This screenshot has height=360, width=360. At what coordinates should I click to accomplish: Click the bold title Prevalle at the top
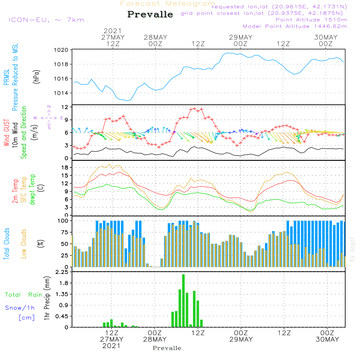tap(150, 14)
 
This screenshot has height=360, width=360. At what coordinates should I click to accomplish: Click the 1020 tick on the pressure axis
tap(61, 50)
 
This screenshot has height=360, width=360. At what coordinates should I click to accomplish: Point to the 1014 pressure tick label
tap(61, 93)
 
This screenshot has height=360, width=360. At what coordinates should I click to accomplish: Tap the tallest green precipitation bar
tap(184, 301)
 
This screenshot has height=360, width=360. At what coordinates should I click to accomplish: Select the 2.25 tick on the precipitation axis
tap(62, 272)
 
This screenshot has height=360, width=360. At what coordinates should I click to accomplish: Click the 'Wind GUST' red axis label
tap(6, 133)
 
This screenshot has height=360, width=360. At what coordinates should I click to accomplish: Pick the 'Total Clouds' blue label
tap(6, 244)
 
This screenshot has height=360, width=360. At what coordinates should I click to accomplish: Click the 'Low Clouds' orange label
tap(24, 244)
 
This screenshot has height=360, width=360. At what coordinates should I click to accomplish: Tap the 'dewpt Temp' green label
tap(32, 189)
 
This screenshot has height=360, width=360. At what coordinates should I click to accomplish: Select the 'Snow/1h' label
tap(20, 308)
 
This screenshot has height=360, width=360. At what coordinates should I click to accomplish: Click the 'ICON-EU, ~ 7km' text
tap(46, 20)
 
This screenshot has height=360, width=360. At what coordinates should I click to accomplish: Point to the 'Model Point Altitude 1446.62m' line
tap(295, 26)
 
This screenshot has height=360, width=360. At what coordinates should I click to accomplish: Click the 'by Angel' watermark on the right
tap(352, 249)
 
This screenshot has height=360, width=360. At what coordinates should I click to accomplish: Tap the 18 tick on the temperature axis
tap(65, 168)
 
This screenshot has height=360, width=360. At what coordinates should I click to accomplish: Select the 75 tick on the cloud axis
tap(65, 232)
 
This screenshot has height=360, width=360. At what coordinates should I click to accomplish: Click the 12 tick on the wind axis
tap(65, 107)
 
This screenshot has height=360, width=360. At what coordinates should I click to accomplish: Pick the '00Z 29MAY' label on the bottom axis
tap(241, 336)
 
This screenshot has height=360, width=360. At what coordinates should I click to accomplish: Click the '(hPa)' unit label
tap(36, 77)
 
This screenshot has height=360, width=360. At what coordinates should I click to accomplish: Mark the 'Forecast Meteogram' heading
tap(168, 4)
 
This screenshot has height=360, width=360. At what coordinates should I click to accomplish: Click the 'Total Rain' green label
tap(24, 295)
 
